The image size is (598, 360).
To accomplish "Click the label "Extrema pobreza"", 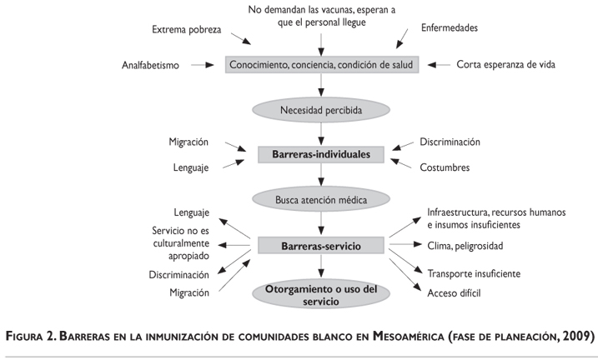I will [186, 30].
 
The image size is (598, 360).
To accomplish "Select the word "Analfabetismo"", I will [150, 64].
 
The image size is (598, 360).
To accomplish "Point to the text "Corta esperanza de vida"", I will [505, 64].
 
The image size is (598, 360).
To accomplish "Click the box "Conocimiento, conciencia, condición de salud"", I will [321, 64].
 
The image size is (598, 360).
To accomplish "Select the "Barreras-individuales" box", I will [321, 154].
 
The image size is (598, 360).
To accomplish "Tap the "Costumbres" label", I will [445, 167].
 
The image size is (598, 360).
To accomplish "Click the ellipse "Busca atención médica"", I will [321, 200].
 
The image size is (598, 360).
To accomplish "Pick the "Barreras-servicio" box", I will [321, 246].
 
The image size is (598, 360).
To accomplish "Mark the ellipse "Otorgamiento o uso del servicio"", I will [321, 295].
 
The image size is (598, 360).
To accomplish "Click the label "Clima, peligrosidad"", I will [465, 246].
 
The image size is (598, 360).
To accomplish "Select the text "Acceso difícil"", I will [455, 293].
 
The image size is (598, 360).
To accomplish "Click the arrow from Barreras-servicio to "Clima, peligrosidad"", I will [404, 246].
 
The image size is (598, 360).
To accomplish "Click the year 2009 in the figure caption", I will [578, 337].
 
